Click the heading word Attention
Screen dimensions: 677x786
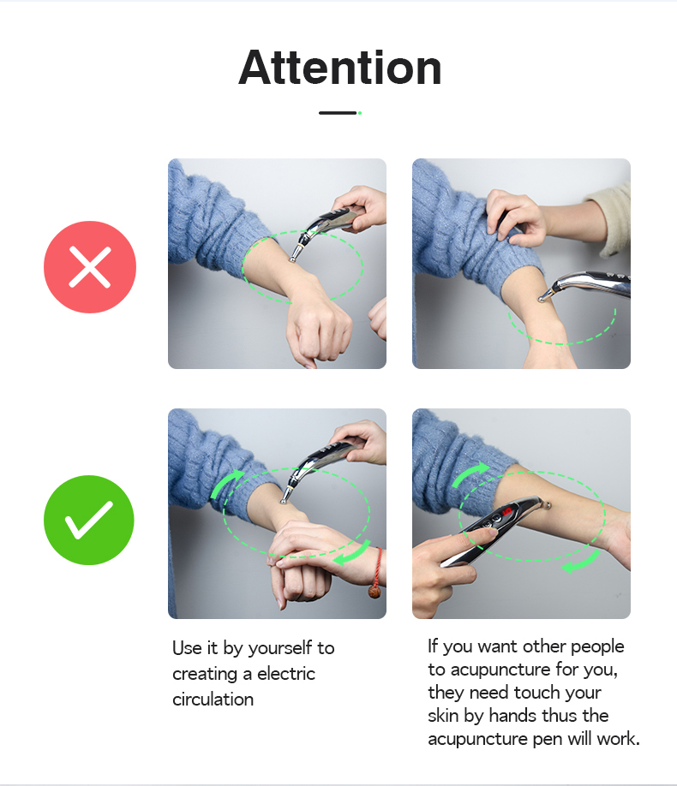[339, 68]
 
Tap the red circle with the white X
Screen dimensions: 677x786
[90, 266]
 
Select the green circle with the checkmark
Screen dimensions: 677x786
[89, 520]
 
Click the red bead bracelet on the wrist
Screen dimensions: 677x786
[376, 574]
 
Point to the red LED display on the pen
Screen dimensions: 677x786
[506, 512]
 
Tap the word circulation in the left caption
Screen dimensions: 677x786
[213, 700]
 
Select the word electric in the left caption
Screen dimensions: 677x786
[286, 674]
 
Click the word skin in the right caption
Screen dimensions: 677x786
[443, 715]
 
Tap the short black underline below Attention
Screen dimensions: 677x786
[338, 113]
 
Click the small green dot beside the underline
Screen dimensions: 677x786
[360, 113]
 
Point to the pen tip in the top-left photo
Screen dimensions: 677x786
[291, 259]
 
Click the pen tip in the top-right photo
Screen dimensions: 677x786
[541, 300]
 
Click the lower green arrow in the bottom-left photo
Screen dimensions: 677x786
[354, 553]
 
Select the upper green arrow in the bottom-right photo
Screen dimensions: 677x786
[470, 473]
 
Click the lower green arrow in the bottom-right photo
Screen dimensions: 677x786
[582, 562]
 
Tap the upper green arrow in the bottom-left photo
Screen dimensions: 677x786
[226, 483]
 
